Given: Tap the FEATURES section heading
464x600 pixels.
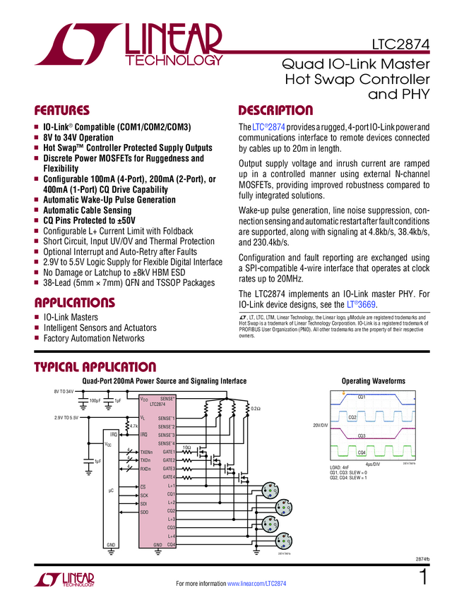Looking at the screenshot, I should (61, 111).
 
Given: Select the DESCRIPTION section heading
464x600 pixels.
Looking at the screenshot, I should (275, 111).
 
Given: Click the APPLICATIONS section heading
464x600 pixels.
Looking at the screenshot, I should (74, 303).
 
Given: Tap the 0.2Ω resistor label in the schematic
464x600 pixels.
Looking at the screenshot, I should (256, 408).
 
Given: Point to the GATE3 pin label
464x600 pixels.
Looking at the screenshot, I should (169, 469).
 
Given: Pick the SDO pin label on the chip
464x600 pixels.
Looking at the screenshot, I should (144, 511).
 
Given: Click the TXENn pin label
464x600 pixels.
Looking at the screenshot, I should (146, 452).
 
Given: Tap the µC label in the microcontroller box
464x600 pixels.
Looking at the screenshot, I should (112, 489).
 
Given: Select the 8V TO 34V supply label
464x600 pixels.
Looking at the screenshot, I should (64, 390).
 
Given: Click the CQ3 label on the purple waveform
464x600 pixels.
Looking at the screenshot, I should (362, 436).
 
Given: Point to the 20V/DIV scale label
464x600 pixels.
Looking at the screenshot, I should (321, 426).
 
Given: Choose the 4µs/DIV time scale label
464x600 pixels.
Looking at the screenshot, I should (373, 464).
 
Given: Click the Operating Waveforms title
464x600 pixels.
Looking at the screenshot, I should (373, 381).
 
